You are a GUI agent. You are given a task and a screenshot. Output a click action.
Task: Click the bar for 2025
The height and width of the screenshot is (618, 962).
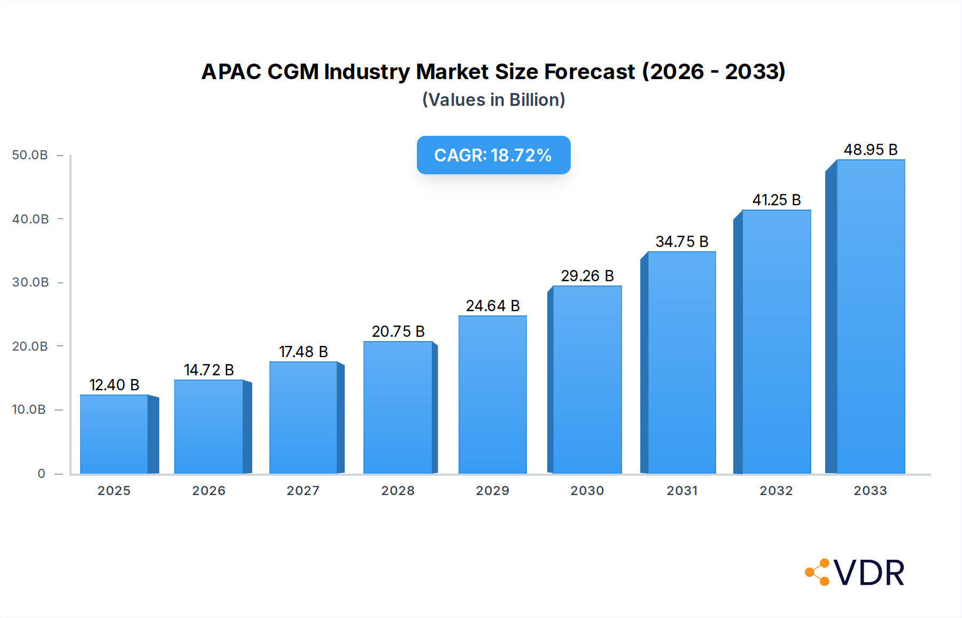pyautogui.click(x=114, y=434)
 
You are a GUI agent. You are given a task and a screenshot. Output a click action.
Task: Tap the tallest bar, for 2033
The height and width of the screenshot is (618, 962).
pyautogui.click(x=871, y=316)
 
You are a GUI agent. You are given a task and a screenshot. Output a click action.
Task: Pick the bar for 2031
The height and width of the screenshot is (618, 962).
pyautogui.click(x=681, y=362)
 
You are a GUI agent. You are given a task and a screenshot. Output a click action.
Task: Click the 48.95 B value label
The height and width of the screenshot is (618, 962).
pyautogui.click(x=871, y=150)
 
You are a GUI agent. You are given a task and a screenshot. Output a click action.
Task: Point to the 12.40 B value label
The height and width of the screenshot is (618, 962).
pyautogui.click(x=114, y=385)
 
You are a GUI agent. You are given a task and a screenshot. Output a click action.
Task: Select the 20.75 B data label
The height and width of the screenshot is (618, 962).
pyautogui.click(x=398, y=331)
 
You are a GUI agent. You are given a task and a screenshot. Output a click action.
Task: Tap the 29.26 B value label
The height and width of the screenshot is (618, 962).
pyautogui.click(x=587, y=276)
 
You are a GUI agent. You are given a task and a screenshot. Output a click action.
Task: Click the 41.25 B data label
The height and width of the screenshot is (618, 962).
pyautogui.click(x=777, y=200)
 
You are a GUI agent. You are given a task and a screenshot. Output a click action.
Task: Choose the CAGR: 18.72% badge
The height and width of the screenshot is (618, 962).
pyautogui.click(x=493, y=155)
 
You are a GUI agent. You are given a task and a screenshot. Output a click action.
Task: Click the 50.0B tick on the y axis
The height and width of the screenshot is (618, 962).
pyautogui.click(x=30, y=155)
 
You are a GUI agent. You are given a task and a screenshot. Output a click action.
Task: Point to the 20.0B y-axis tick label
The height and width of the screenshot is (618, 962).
pyautogui.click(x=30, y=346)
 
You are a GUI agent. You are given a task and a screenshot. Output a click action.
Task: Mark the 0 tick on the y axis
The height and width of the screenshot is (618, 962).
pyautogui.click(x=41, y=474)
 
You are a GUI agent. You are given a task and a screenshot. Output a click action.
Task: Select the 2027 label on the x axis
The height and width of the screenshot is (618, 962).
pyautogui.click(x=303, y=491)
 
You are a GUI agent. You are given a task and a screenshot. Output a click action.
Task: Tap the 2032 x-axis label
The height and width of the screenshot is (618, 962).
pyautogui.click(x=776, y=491)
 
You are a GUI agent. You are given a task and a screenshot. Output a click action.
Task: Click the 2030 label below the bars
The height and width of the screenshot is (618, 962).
pyautogui.click(x=587, y=491)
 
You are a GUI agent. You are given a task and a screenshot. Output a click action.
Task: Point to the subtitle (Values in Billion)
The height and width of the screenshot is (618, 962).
pyautogui.click(x=493, y=100)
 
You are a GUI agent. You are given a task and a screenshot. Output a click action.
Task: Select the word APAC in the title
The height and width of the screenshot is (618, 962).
pyautogui.click(x=231, y=72)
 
